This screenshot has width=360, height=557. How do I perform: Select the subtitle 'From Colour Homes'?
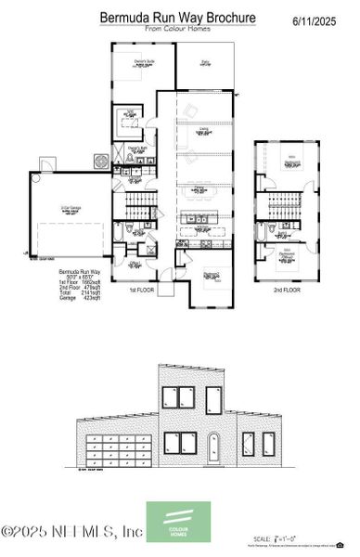(x=177, y=30)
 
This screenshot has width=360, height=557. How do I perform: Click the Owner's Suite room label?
(x=144, y=61)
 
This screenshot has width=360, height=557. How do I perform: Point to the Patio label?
(x=205, y=62)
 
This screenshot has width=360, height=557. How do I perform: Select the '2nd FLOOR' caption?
(x=286, y=291)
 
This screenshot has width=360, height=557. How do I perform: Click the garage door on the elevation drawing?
(x=120, y=448)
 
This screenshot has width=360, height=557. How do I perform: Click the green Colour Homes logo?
(x=178, y=520)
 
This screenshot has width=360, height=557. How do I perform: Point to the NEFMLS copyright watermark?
(x=72, y=532)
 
